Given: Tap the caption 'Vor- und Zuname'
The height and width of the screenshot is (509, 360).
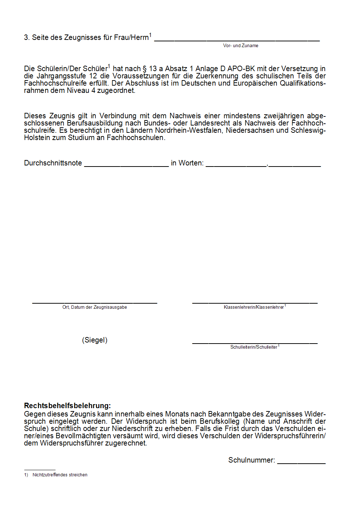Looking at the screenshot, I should [241, 46].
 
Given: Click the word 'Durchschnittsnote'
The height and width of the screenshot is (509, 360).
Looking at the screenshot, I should [53, 163].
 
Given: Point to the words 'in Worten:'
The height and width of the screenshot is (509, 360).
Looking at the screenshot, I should [187, 163].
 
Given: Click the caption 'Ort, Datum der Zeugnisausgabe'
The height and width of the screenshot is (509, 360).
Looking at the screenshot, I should [94, 307].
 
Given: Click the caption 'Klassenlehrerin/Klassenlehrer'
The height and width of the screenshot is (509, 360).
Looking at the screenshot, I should [254, 307].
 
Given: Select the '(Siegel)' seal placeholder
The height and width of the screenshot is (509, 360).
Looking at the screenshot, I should [95, 340].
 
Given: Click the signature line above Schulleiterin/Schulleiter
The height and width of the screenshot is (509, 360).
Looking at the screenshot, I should [255, 342].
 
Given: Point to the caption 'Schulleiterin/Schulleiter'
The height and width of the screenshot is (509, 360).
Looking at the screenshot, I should [254, 347].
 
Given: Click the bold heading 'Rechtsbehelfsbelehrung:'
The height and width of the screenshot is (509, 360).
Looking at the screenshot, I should [67, 406].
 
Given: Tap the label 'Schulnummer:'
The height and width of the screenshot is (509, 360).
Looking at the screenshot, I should [251, 460].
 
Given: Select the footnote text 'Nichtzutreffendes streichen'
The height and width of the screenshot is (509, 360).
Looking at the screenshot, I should [60, 475].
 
